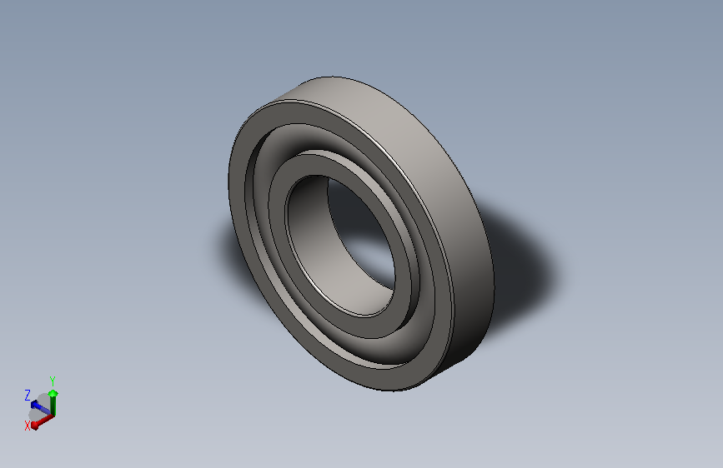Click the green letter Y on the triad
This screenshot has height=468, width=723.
pos(53,380)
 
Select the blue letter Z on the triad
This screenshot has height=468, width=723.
pos(28,395)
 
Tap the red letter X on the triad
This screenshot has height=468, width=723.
pos(28,425)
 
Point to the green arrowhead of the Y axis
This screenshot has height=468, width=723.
pos(53,392)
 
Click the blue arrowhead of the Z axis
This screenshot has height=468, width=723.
pos(36,405)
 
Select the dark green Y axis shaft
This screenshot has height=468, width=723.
pos(53,404)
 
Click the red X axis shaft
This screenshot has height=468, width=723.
pos(44,417)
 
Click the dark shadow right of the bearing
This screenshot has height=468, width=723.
pos(525,258)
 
